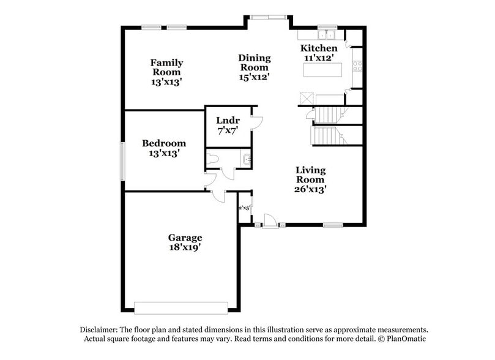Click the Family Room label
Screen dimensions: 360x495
click(x=166, y=67)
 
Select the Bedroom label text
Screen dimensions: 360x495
click(x=164, y=143)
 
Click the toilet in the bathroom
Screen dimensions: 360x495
click(x=212, y=160)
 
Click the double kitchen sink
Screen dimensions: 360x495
click(x=328, y=34)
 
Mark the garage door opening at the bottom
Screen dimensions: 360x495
click(x=181, y=307)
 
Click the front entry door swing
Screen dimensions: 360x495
click(x=269, y=220)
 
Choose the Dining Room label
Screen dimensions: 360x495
click(x=255, y=63)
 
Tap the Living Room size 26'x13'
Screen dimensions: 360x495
click(x=311, y=189)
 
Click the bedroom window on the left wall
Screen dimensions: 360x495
click(x=122, y=161)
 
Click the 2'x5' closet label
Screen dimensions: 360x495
click(x=244, y=208)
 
